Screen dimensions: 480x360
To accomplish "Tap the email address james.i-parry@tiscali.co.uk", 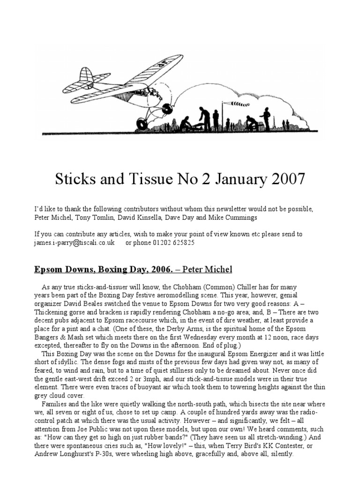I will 75,243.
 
